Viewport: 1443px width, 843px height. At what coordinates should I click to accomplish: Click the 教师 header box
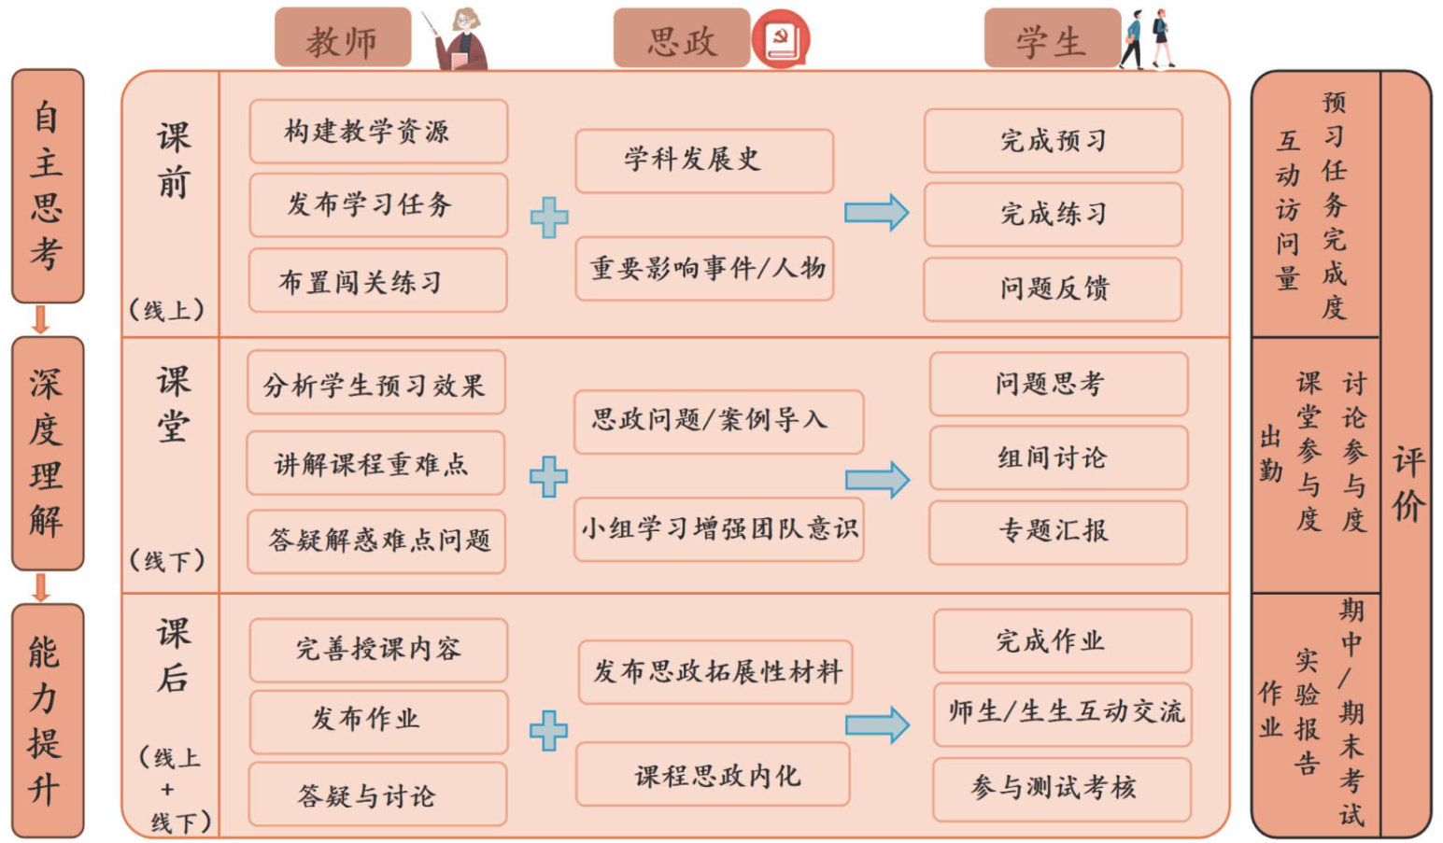coord(342,39)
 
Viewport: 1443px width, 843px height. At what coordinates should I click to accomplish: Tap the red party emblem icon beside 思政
coord(781,40)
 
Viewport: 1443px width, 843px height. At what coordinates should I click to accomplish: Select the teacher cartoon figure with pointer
coord(460,40)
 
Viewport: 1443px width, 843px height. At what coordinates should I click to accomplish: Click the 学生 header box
coord(1052,39)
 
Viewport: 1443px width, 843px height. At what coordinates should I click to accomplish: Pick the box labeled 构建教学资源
coord(378,132)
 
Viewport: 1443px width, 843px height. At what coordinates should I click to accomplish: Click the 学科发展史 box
coord(704,161)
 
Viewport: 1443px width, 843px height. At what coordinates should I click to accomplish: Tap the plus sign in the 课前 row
coord(549,218)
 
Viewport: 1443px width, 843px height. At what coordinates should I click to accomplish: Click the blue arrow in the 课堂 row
coord(877,480)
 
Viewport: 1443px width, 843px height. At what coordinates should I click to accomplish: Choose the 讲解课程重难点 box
coord(375,463)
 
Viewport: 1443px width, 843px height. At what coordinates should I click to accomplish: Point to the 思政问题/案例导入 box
coord(718,421)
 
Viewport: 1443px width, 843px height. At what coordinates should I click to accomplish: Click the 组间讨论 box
coord(1058,457)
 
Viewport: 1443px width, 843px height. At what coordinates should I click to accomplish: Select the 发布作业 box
coord(378,721)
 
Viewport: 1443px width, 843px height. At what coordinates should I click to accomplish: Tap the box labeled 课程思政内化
coord(714,775)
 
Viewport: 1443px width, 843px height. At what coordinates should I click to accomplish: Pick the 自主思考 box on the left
coord(47,186)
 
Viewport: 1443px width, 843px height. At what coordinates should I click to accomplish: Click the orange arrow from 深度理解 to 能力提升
coord(40,587)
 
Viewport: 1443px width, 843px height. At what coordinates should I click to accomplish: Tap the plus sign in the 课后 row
coord(548,730)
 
